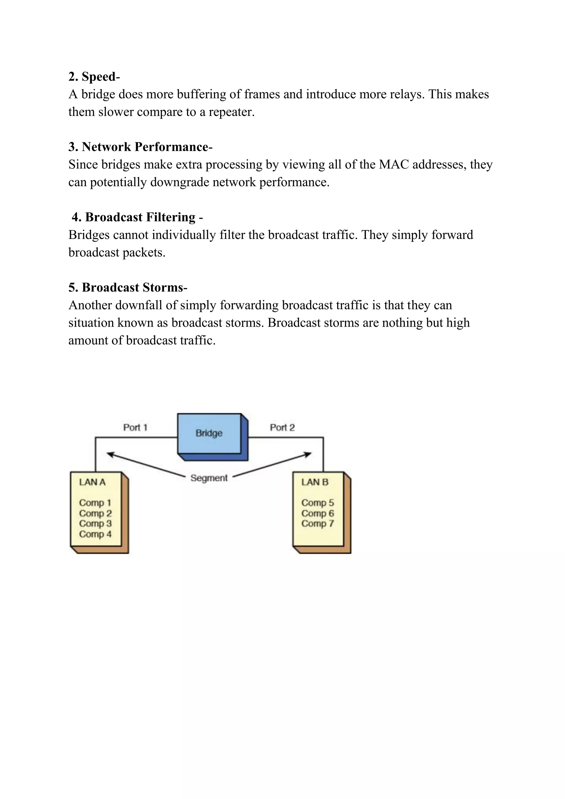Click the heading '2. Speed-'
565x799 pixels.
(x=94, y=76)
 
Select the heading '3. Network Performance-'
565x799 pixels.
(x=140, y=147)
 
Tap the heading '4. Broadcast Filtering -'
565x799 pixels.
(x=137, y=217)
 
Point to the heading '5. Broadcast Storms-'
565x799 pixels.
(x=128, y=287)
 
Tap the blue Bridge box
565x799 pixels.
(x=209, y=433)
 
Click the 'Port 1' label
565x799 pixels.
(x=135, y=427)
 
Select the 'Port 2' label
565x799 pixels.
(x=282, y=427)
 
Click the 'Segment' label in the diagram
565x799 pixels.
(x=209, y=478)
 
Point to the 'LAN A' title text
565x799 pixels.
(x=92, y=482)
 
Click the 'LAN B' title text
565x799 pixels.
(x=315, y=482)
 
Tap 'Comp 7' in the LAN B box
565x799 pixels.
(x=318, y=523)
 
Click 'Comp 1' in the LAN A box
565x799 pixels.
(x=95, y=503)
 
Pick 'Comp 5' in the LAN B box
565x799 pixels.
(x=318, y=503)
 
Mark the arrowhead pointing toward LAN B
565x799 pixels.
(x=308, y=454)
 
